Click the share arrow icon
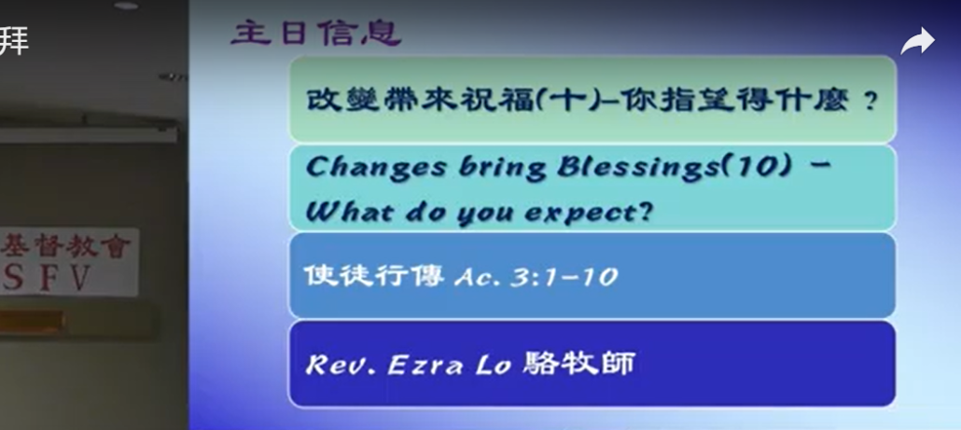(x=917, y=42)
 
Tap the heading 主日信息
(x=316, y=33)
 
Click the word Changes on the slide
(x=376, y=168)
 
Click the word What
(x=350, y=212)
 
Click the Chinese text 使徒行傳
(x=374, y=275)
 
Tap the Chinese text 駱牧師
(x=579, y=363)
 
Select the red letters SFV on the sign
(x=48, y=278)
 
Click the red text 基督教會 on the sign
(x=65, y=245)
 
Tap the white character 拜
(x=13, y=41)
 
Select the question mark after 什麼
(x=870, y=101)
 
